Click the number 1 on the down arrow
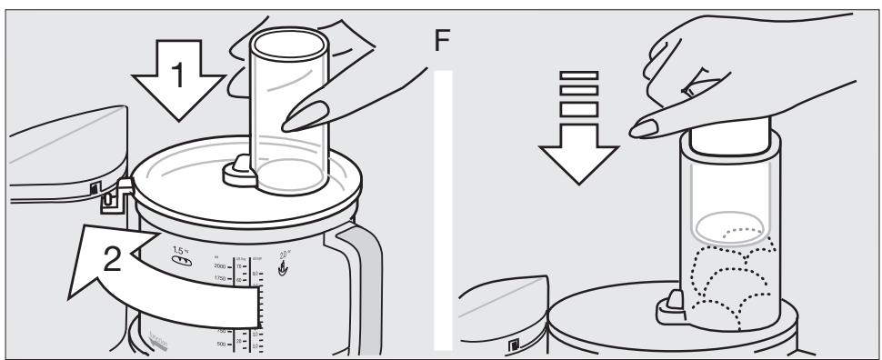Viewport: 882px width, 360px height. tap(183, 78)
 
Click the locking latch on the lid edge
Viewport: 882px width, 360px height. tap(114, 195)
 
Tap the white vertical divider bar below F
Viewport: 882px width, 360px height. tap(443, 209)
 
